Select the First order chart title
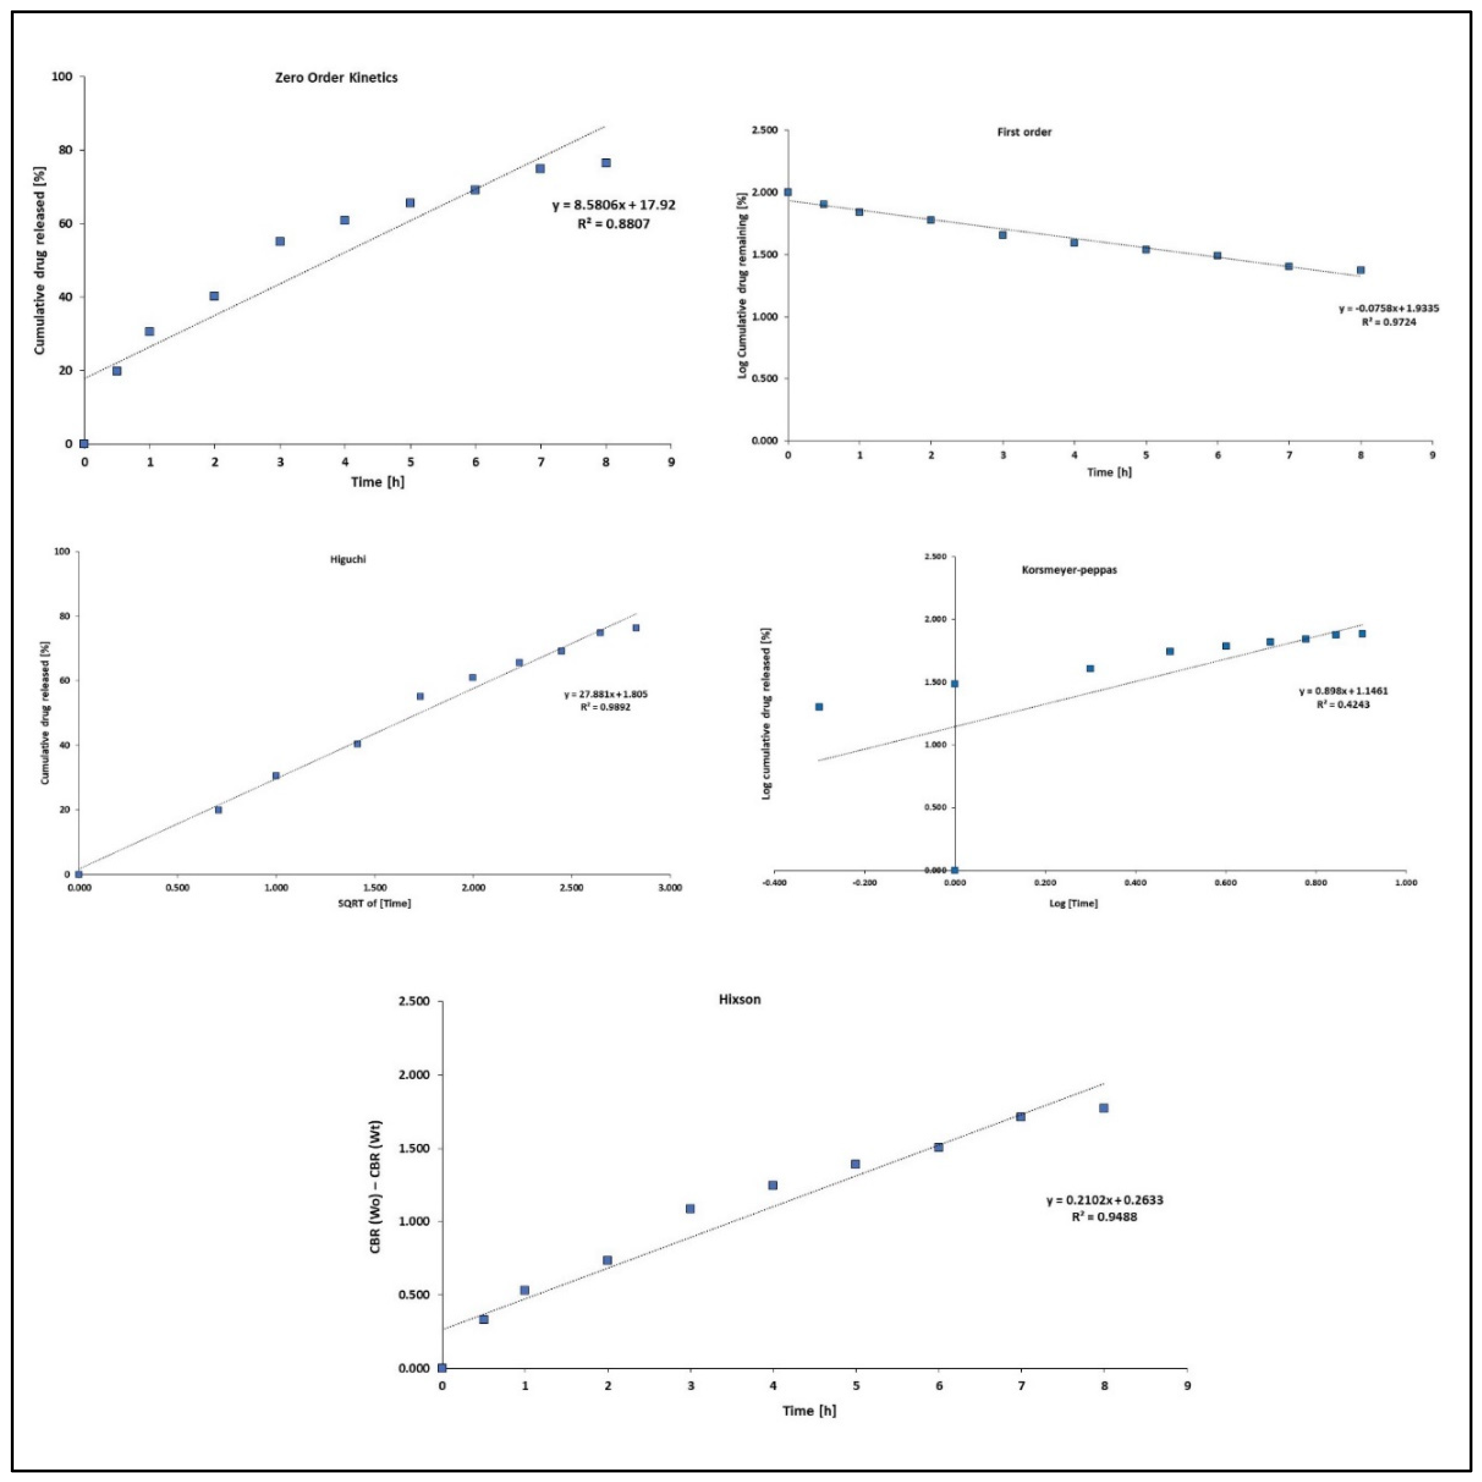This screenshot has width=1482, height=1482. [x=1024, y=132]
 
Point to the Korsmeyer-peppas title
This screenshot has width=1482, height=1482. [x=1069, y=570]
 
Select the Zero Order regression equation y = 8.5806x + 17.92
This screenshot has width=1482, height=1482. [x=614, y=206]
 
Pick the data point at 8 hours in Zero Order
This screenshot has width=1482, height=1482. [x=606, y=162]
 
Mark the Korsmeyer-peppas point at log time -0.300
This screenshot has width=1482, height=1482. [x=819, y=707]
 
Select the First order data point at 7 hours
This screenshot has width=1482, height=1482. [x=1289, y=266]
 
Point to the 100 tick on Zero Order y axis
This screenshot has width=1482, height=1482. [x=62, y=77]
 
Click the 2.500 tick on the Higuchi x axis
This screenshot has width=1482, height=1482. [x=571, y=888]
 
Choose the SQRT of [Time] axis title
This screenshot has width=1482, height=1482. [x=374, y=903]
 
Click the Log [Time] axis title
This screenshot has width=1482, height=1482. [x=1073, y=903]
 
